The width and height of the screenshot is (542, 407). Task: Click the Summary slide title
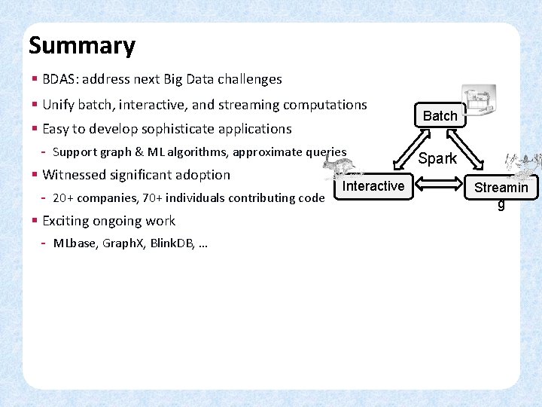point(81,46)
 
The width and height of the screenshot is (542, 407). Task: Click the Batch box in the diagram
point(440,115)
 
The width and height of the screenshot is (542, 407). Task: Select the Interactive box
point(373,185)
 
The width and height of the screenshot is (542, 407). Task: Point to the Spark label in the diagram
point(437,158)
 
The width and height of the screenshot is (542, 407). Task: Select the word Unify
point(59,105)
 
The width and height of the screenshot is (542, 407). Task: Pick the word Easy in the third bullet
point(56,129)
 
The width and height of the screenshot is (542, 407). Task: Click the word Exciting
point(67,221)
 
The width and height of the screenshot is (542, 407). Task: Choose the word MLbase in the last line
point(74,243)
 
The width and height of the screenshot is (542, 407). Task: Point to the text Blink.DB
point(172,243)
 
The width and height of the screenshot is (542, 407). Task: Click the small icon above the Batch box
point(479,98)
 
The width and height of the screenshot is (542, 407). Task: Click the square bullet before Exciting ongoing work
point(35,221)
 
